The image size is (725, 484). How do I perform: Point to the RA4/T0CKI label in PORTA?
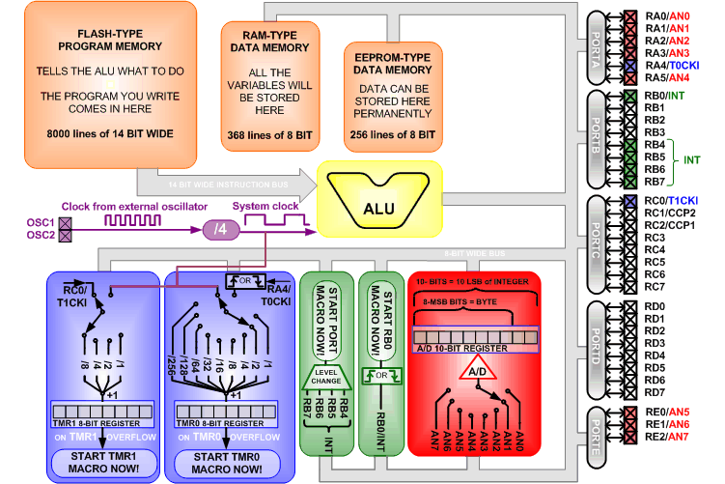coord(677,65)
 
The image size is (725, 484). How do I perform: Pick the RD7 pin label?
coord(655,392)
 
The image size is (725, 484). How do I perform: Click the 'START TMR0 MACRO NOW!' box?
coord(225,461)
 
